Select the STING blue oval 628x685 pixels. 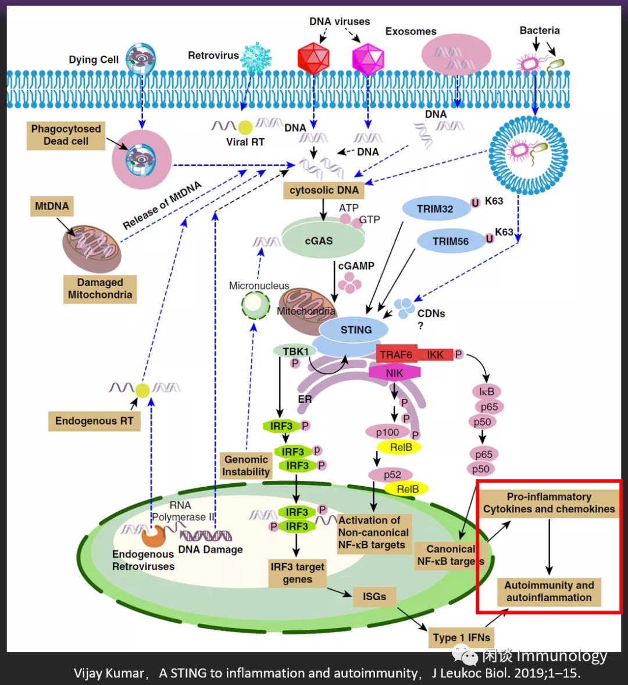pos(356,330)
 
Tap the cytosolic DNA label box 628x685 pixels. pos(324,190)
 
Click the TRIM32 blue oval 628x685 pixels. pos(435,209)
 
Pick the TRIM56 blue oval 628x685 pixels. pos(451,241)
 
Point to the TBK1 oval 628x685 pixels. pos(295,351)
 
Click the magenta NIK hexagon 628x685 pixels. pos(394,373)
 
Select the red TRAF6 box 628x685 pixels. pos(397,355)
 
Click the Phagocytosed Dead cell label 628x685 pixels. pos(66,135)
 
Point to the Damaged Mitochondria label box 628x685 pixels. pos(100,288)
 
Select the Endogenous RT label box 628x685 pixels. pos(94,421)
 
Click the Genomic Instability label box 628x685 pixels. pos(246,466)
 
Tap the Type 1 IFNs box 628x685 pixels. pos(462,637)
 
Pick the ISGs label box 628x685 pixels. pos(374,597)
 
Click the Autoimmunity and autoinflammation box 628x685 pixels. pos(548,591)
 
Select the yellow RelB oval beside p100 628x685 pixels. pos(401,447)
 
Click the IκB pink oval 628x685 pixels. pos(487,392)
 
